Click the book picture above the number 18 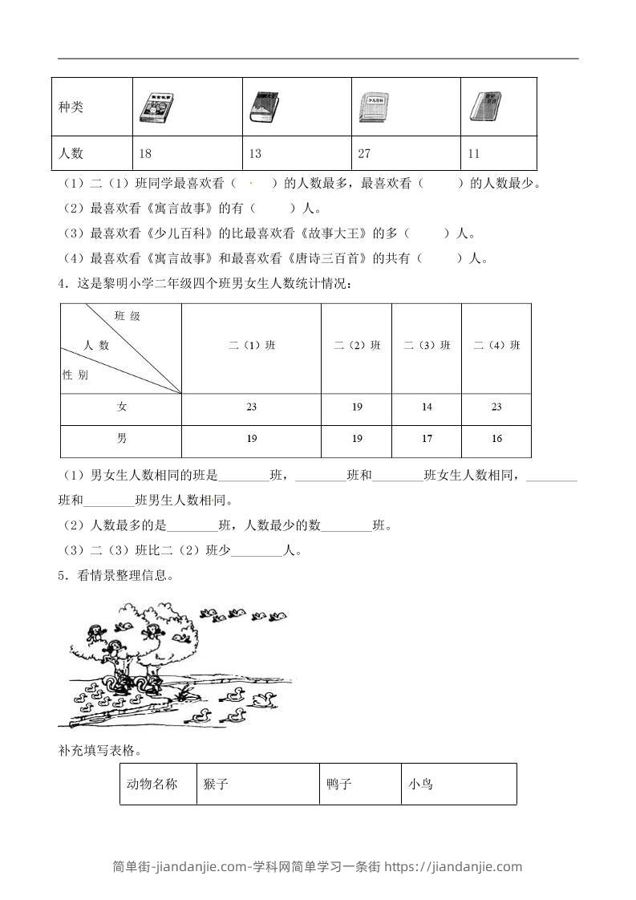coord(156,107)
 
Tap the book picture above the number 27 coord(374,107)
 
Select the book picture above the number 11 coord(483,107)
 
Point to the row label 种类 coord(71,107)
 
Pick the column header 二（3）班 coord(427,346)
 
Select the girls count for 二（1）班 coord(251,407)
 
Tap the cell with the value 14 coord(427,407)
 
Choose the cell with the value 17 coord(427,439)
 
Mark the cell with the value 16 coord(496,439)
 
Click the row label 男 coord(121,439)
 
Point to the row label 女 coord(121,407)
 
